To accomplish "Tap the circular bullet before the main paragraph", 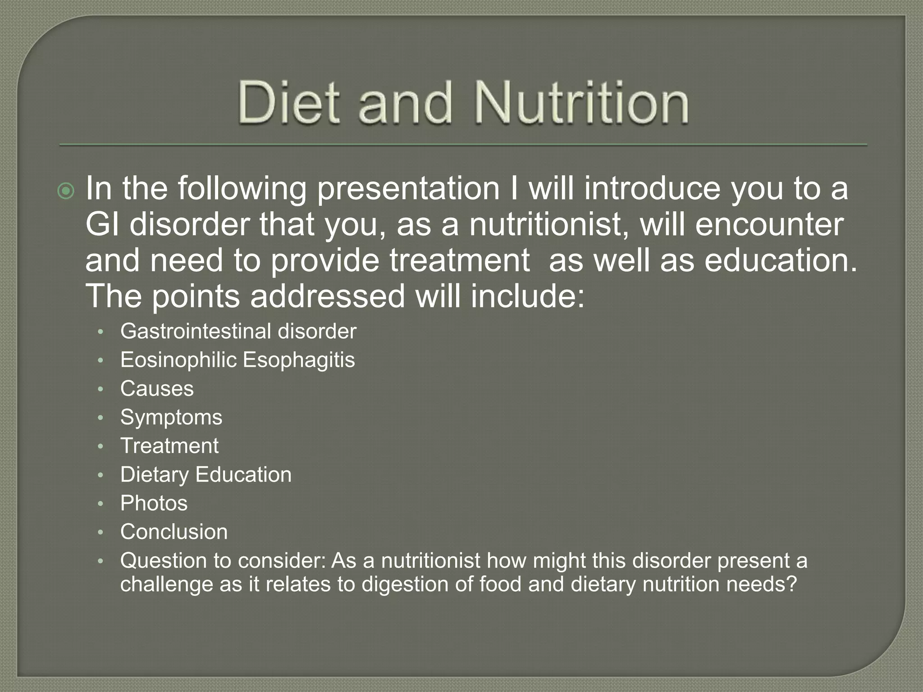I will point(66,192).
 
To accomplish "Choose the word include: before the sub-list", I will point(527,296).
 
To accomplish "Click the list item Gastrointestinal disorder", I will point(238,332).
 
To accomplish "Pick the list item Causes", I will point(157,389).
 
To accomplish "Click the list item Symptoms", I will point(171,418).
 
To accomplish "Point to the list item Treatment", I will point(169,446).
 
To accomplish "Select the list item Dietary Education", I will point(206,475).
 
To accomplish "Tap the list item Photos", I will point(154,503).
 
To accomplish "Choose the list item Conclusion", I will point(174,532).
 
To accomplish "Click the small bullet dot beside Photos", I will point(101,504).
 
